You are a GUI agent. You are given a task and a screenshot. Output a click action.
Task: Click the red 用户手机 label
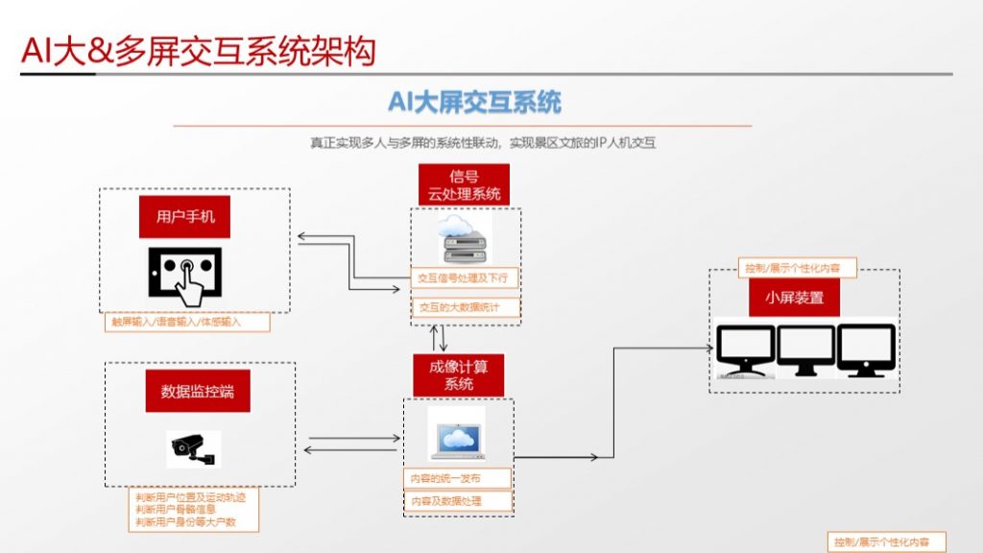(186, 217)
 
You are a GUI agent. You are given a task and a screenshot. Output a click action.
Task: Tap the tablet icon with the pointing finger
(185, 272)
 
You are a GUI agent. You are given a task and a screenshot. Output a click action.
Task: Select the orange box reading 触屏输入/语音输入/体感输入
(187, 323)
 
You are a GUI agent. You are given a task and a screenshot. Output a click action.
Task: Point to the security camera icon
(192, 446)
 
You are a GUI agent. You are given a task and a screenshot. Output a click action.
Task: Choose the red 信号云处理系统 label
(465, 184)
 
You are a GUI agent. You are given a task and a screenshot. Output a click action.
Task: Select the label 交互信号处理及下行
(466, 278)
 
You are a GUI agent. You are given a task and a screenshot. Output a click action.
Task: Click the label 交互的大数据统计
(466, 308)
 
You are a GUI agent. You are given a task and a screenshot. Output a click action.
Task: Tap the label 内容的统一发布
(456, 478)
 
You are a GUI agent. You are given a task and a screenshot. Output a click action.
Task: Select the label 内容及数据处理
(456, 501)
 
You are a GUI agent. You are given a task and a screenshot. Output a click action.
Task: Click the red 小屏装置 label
(795, 298)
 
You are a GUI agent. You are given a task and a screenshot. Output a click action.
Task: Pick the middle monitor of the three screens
(805, 350)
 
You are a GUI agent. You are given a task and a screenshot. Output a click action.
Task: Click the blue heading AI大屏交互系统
(474, 102)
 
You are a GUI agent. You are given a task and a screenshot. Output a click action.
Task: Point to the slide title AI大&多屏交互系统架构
(198, 52)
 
